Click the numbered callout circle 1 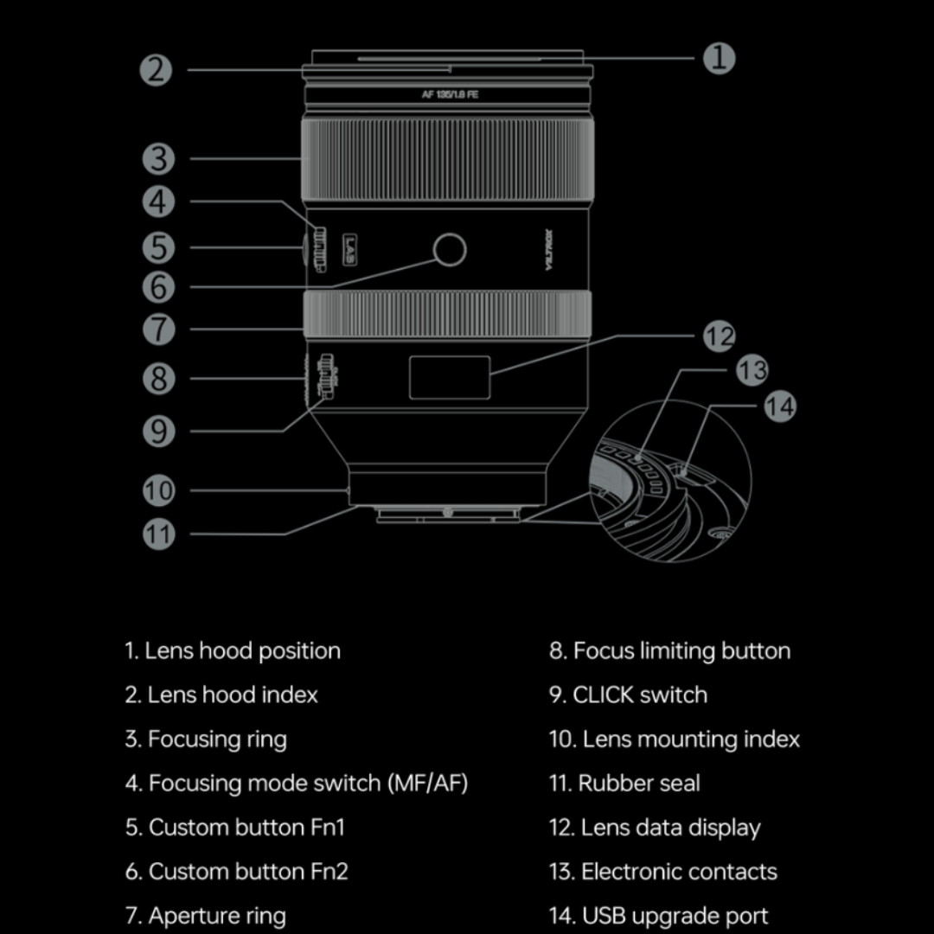click(x=719, y=58)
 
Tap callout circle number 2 click(x=157, y=69)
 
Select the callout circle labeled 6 click(x=157, y=287)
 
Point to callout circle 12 click(x=719, y=336)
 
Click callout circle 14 click(x=780, y=406)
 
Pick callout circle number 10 click(x=158, y=491)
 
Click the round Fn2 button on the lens click(x=450, y=250)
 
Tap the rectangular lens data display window click(x=450, y=377)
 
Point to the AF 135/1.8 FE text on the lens click(x=450, y=95)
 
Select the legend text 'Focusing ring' click(x=216, y=739)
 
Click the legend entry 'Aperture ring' click(x=216, y=915)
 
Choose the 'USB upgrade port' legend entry click(x=675, y=915)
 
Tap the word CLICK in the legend click(x=603, y=695)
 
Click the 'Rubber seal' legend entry click(x=638, y=784)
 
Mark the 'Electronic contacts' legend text click(x=678, y=872)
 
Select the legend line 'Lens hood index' click(x=232, y=694)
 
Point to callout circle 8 click(x=158, y=379)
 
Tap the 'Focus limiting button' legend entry click(x=681, y=651)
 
